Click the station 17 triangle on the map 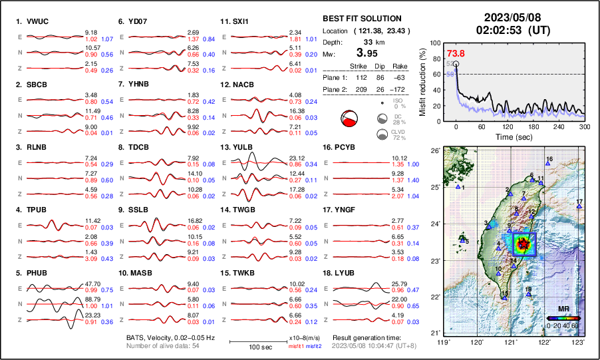[x=579, y=207]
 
